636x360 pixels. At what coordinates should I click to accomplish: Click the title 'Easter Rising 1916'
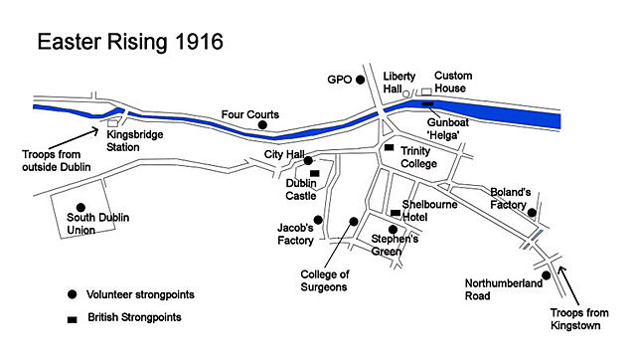click(129, 43)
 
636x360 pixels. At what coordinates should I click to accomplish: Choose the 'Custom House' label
click(453, 84)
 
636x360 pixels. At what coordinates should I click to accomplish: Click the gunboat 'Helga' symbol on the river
click(427, 102)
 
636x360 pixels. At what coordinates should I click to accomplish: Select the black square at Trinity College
click(389, 148)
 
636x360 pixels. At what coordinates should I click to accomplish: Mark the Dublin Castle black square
click(314, 173)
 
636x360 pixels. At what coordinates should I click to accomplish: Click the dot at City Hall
click(309, 160)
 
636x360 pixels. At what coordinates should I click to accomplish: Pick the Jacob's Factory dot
click(318, 220)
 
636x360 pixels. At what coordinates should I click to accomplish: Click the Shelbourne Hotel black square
click(395, 213)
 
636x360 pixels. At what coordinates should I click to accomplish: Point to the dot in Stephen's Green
click(393, 230)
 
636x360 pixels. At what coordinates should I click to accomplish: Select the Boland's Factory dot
click(533, 212)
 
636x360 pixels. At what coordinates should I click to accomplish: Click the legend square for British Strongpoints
click(73, 319)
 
